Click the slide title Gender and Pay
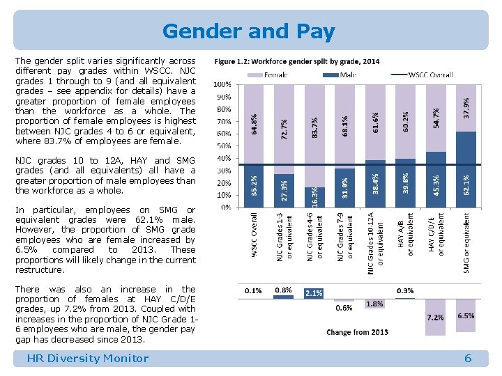[249, 31]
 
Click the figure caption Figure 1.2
[297, 61]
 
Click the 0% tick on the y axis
[226, 207]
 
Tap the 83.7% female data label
[314, 126]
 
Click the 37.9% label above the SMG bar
[466, 107]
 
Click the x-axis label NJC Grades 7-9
[344, 237]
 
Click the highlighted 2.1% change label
[314, 293]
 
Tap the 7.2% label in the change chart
[435, 317]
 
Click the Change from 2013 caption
[358, 332]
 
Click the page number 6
[468, 359]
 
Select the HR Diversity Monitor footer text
[87, 359]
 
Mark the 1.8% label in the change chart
[374, 304]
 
